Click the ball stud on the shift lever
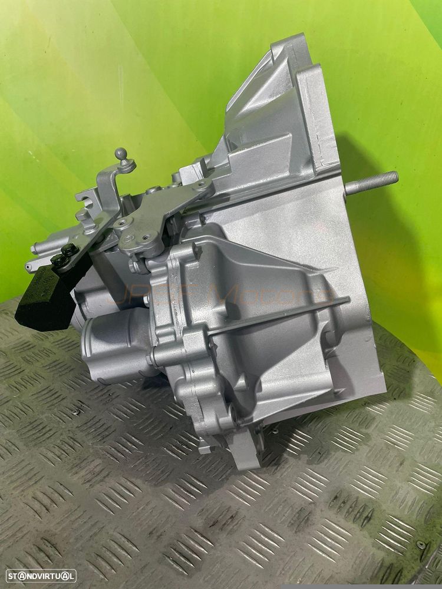[x=121, y=154]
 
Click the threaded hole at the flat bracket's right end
[x=203, y=187]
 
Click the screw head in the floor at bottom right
[x=421, y=544]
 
